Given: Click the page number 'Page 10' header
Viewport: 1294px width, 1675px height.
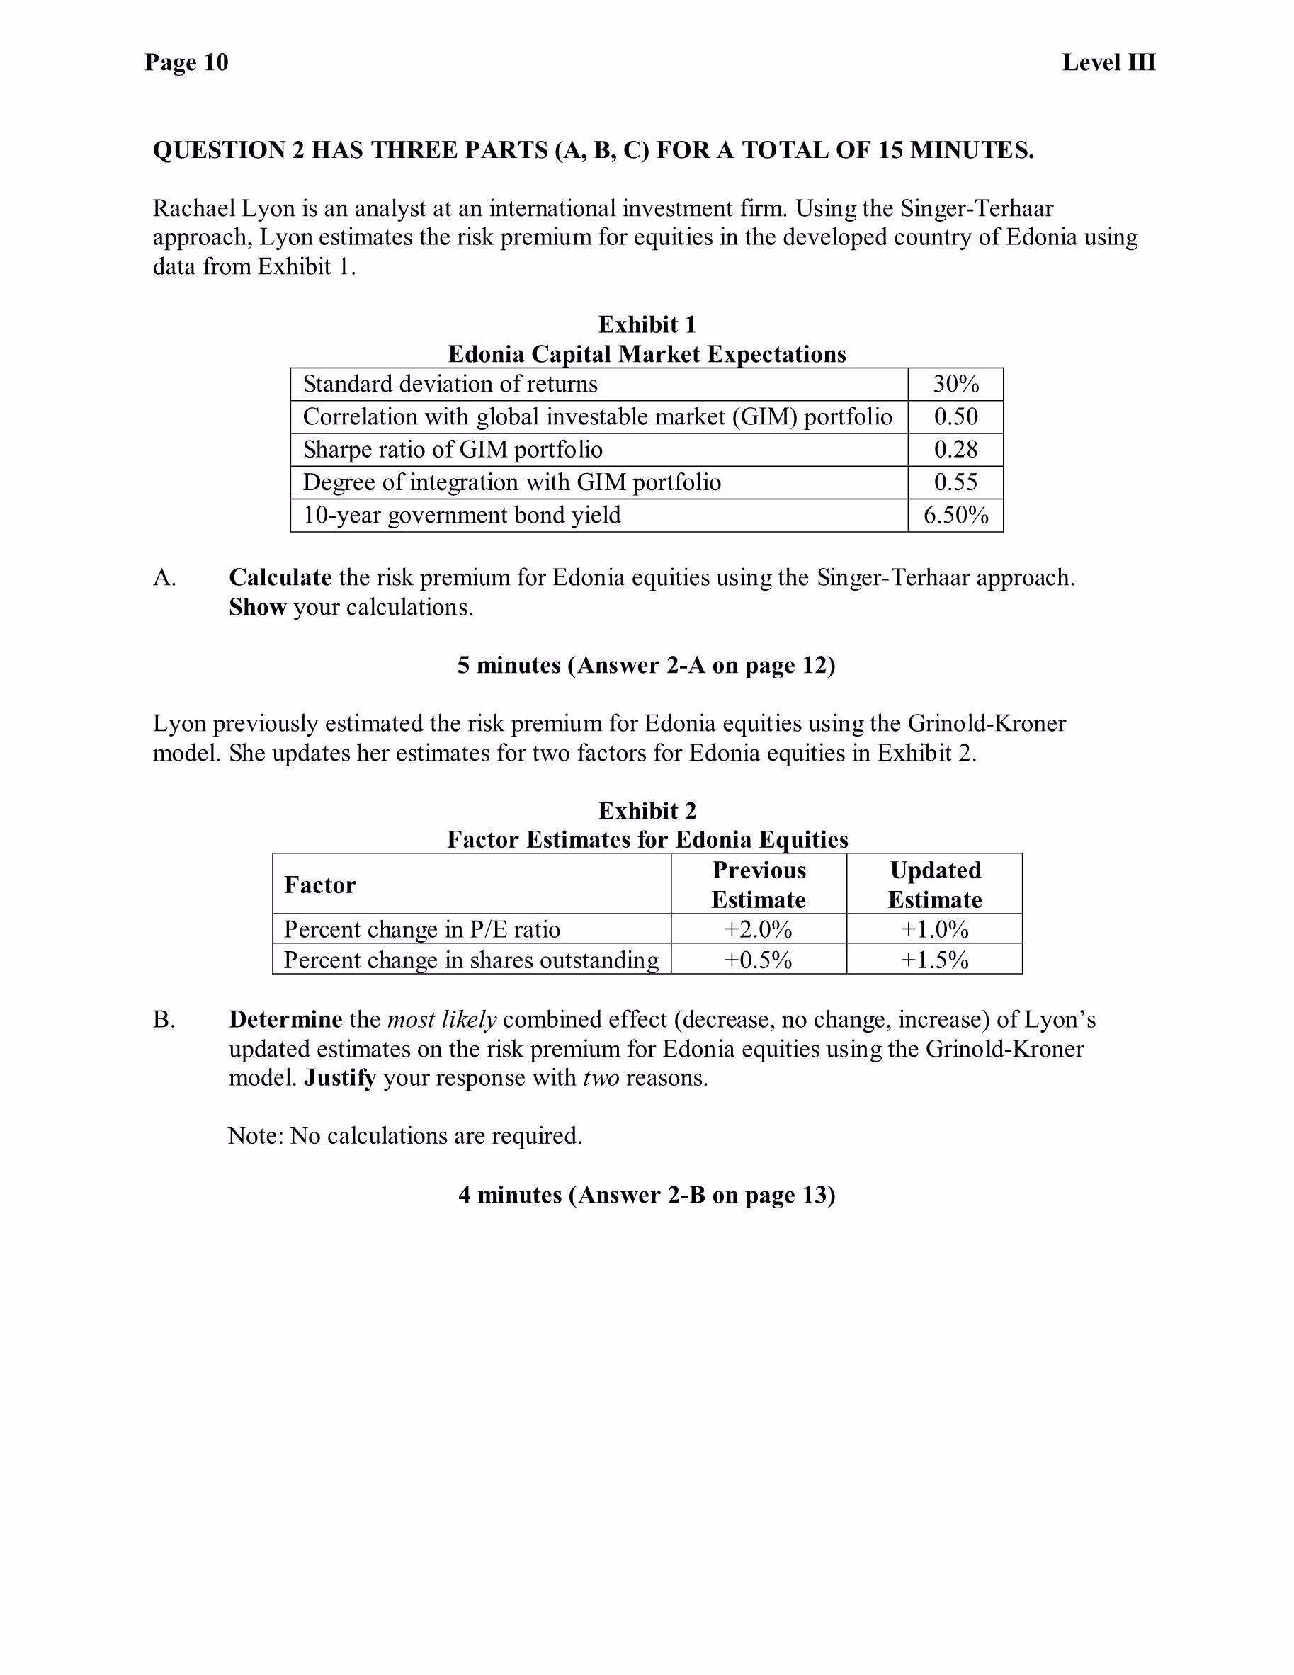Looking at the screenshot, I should click(186, 62).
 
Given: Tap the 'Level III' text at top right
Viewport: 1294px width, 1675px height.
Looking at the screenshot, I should click(1108, 62).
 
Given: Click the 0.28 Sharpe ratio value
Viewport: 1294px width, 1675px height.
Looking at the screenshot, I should click(955, 450).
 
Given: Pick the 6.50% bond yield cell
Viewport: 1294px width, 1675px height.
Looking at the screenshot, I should click(955, 516).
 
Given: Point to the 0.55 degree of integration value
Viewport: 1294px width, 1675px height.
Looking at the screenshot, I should click(955, 482).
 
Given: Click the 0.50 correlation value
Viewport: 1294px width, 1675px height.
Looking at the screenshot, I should click(955, 417).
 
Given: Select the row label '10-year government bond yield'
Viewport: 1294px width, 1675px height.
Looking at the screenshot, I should click(462, 516).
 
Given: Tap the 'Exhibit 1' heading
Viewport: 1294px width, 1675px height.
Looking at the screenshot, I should click(647, 325).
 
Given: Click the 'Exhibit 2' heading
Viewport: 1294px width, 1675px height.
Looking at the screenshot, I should click(647, 811).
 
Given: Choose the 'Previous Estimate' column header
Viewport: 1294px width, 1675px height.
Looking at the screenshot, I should click(758, 885).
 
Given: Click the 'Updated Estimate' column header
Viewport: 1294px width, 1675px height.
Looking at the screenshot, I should click(934, 885).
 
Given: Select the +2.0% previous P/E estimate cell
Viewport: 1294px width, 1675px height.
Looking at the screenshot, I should click(758, 929).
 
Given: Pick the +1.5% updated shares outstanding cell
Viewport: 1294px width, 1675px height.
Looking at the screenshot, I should click(934, 960).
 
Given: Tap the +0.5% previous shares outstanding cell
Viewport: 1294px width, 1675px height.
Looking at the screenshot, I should click(758, 960).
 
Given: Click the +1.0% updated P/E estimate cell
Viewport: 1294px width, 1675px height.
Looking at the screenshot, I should click(934, 929).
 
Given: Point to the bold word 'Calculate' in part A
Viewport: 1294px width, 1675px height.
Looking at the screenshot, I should click(280, 577).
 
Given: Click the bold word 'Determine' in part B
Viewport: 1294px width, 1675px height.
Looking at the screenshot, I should click(285, 1020).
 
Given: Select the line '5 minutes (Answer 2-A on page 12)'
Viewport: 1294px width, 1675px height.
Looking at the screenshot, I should click(646, 665).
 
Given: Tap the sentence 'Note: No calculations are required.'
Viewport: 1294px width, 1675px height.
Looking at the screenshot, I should click(405, 1136).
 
